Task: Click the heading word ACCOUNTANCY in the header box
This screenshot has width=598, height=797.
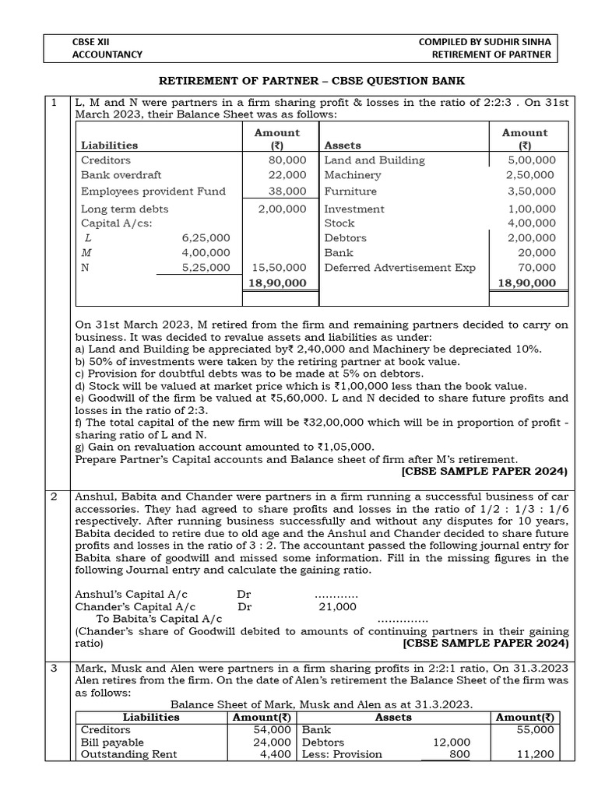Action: click(x=107, y=54)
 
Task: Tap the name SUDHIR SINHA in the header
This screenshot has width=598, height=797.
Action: click(x=515, y=40)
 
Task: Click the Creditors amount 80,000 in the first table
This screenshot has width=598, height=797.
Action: click(x=287, y=160)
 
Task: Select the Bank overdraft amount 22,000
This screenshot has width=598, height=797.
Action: click(x=287, y=175)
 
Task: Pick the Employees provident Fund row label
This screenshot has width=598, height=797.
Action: click(x=153, y=191)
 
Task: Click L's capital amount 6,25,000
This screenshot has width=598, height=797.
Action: click(x=205, y=237)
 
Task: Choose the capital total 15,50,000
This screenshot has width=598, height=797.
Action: click(x=280, y=267)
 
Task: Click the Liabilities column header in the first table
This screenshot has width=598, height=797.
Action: click(x=109, y=145)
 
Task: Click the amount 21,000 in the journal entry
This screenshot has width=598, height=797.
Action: click(x=337, y=606)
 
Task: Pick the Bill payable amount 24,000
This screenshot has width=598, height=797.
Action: click(x=274, y=742)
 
